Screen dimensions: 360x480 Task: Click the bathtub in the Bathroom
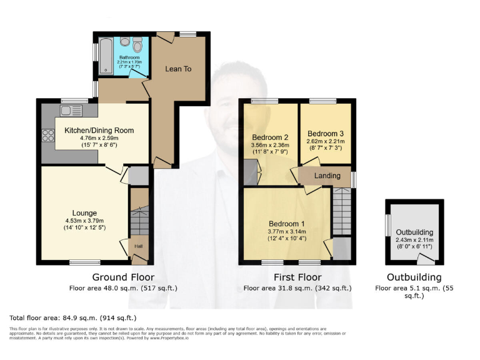tap(105, 55)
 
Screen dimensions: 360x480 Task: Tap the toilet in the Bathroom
tap(137, 46)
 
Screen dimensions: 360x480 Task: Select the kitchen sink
tap(71, 111)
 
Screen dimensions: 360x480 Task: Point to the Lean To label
tap(178, 69)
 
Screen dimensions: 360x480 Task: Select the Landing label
tap(327, 176)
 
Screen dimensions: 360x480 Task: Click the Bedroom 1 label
tap(287, 224)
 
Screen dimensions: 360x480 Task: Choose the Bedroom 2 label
tap(270, 137)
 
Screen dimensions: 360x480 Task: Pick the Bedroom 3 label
tap(326, 133)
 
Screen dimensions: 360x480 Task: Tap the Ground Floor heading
tap(123, 277)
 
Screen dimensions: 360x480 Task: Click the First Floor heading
tap(297, 277)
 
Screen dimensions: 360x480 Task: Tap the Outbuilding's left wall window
tap(388, 224)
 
